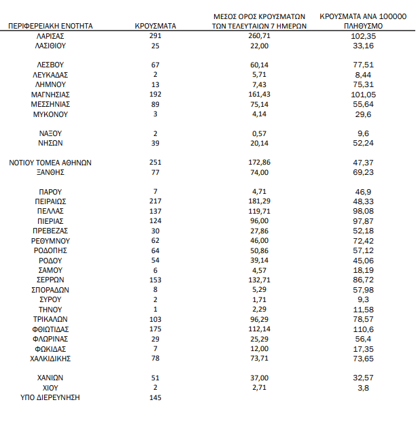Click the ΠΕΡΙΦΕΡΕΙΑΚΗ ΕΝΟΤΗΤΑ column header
51,26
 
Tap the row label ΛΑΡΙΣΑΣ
51,35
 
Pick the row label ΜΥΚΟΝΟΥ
51,114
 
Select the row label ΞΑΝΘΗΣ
51,173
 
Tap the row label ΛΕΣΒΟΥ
51,65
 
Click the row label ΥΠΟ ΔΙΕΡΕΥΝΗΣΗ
51,397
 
